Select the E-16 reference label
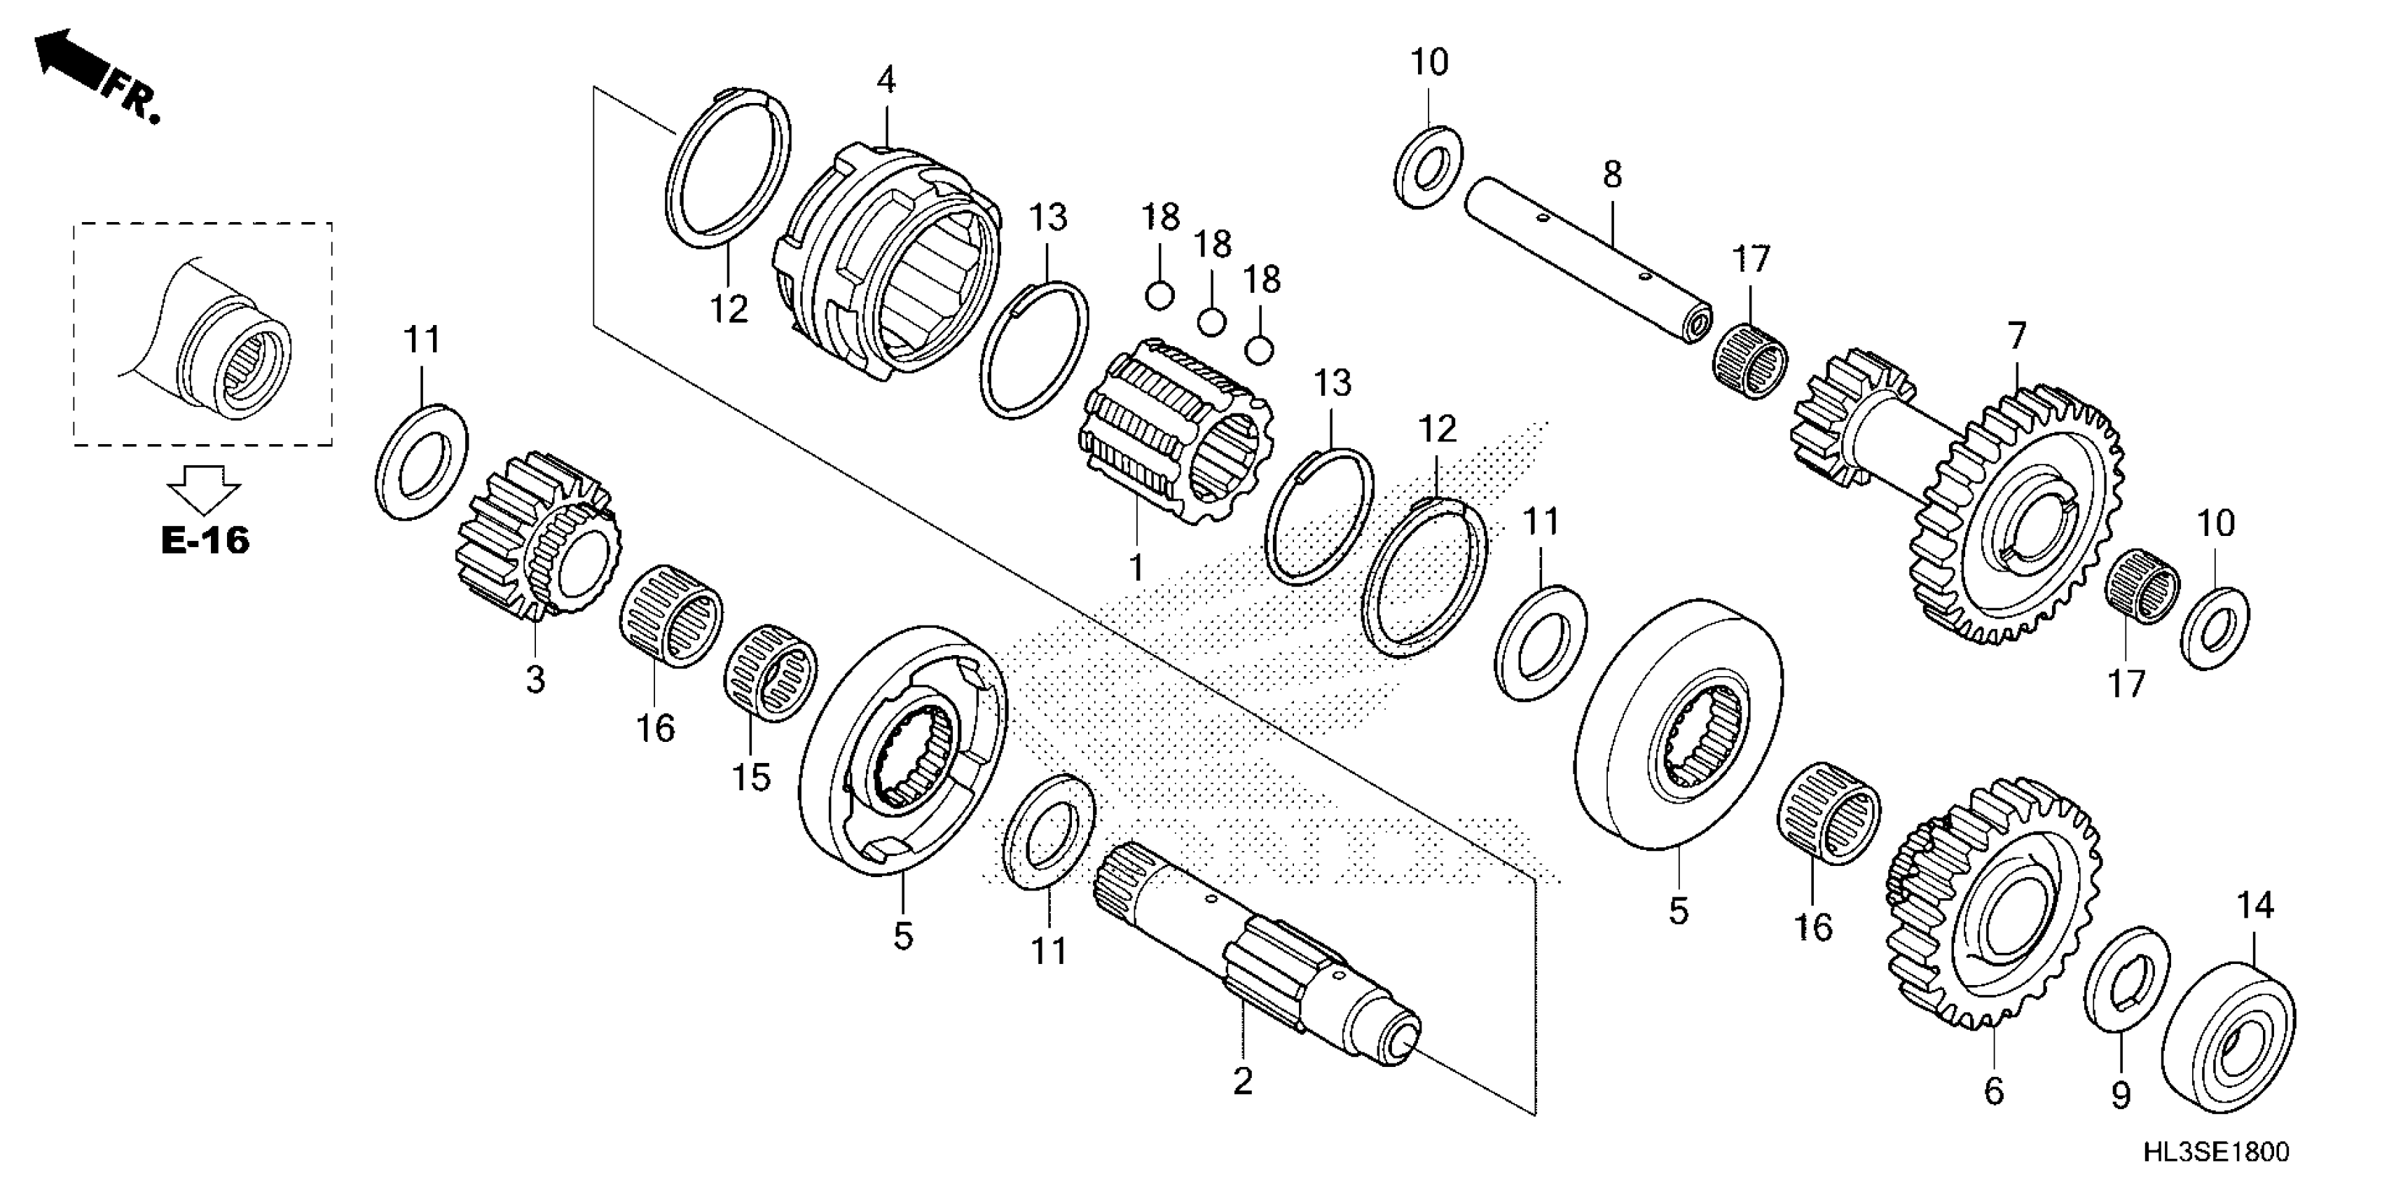pos(205,540)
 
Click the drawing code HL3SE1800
pos(2215,1151)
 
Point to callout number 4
pos(886,81)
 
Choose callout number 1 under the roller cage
pos(1136,567)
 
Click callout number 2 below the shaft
pos(1243,1080)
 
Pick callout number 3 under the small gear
pos(535,680)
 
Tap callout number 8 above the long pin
pos(1612,174)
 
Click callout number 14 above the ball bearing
pos(2254,905)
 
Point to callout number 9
pos(2120,1096)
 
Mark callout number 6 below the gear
pos(1994,1091)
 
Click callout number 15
pos(751,777)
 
